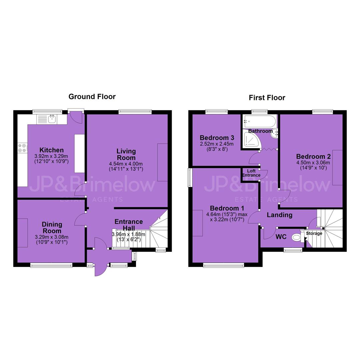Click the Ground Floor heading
tap(92, 97)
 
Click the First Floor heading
tap(267, 98)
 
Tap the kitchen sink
tap(52, 119)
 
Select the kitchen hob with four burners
tap(23, 148)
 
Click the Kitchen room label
tap(51, 150)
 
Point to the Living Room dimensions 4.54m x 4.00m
tap(126, 164)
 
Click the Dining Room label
tap(52, 228)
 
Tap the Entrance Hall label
tap(129, 225)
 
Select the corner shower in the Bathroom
tap(252, 139)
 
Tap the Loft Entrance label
tap(251, 173)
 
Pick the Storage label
tap(314, 233)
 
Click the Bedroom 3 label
tap(217, 138)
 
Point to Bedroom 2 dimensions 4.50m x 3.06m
tap(313, 163)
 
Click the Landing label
tap(279, 215)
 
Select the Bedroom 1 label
tap(227, 208)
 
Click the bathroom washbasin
tap(274, 134)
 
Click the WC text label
tap(281, 237)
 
